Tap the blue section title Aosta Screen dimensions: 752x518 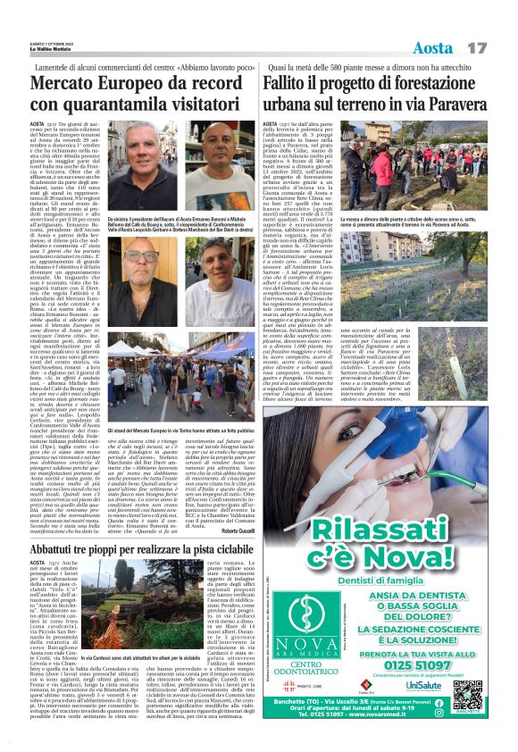[x=435, y=46]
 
